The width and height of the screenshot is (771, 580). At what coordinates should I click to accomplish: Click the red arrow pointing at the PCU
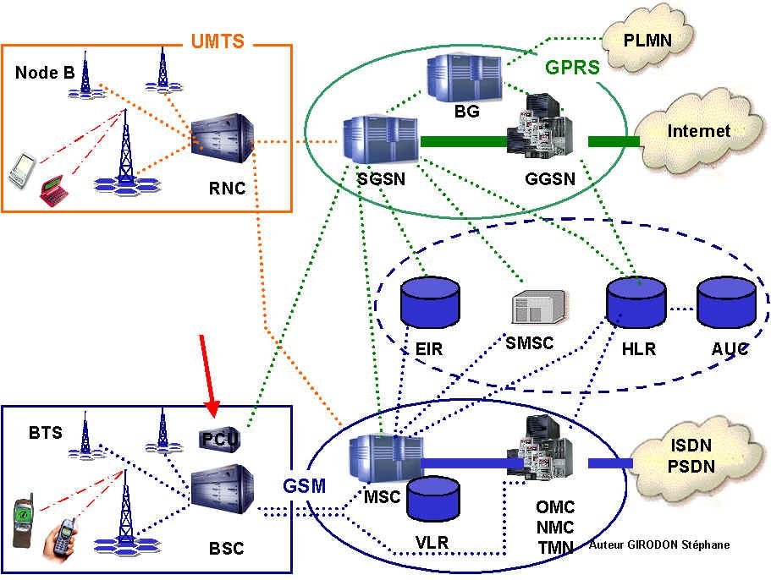(x=207, y=376)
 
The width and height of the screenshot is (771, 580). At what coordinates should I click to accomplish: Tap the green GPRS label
(x=573, y=67)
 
